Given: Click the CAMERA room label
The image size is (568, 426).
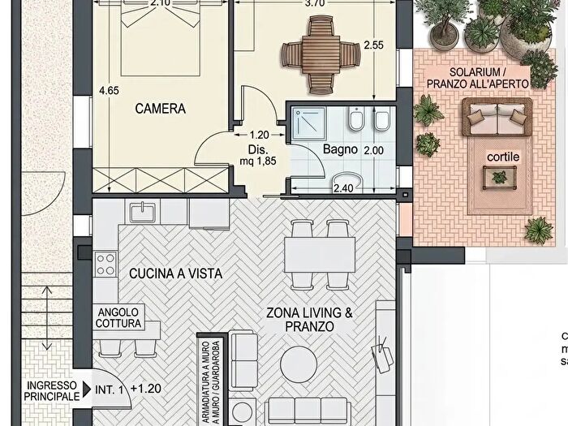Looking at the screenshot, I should [161, 108].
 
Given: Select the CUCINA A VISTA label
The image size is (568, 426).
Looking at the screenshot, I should [176, 273].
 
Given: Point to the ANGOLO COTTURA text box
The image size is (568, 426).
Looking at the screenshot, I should [119, 317].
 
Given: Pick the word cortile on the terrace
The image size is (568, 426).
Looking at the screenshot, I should [504, 156].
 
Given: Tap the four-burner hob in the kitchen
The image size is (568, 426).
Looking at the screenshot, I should [105, 264].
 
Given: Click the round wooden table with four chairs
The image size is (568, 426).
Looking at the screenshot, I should [320, 54].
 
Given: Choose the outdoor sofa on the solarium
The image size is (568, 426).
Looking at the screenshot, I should [497, 118].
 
